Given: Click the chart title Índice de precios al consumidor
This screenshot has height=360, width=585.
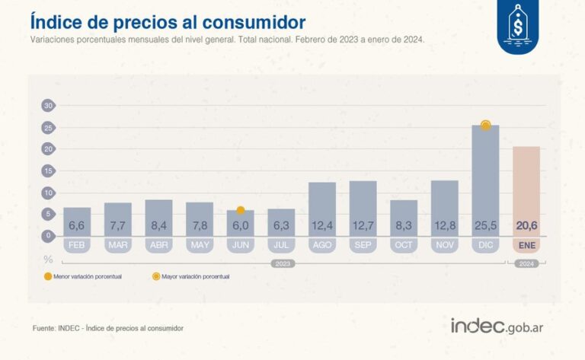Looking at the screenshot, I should point(168,21).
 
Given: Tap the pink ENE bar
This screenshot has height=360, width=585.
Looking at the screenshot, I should point(526,190).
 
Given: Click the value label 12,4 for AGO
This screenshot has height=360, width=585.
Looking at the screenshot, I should point(322,226).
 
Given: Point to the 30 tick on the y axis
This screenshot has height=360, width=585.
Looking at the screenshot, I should point(48,105).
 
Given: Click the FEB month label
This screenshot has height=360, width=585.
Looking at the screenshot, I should point(77,245).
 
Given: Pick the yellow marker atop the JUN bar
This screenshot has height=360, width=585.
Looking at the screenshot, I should point(241,210).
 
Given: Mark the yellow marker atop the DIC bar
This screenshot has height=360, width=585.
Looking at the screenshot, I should point(485,125).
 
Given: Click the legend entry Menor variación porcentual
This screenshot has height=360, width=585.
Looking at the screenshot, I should point(84,276).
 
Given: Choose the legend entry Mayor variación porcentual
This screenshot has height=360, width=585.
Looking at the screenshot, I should point(191,276).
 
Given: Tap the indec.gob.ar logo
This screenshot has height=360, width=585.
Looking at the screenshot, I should point(501,327).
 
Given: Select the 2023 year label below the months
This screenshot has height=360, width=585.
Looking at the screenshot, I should point(282,263).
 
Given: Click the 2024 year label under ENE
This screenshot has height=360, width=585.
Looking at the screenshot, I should point(526,263).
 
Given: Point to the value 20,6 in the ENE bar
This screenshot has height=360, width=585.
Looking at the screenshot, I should point(526,226).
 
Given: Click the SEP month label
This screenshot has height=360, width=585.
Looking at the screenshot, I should point(363,245).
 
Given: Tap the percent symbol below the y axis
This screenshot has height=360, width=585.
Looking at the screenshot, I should point(48,260).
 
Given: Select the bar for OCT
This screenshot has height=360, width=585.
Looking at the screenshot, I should point(404,218).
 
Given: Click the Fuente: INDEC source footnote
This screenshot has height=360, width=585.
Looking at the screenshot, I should point(107,328).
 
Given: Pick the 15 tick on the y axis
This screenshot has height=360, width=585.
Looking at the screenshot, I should point(48,170).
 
